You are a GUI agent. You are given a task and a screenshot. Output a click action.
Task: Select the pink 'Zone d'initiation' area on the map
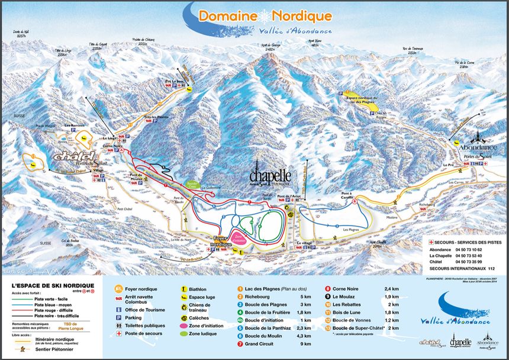[x=239, y=239]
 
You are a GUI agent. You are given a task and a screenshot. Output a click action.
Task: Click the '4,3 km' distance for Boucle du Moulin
[x=305, y=335]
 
